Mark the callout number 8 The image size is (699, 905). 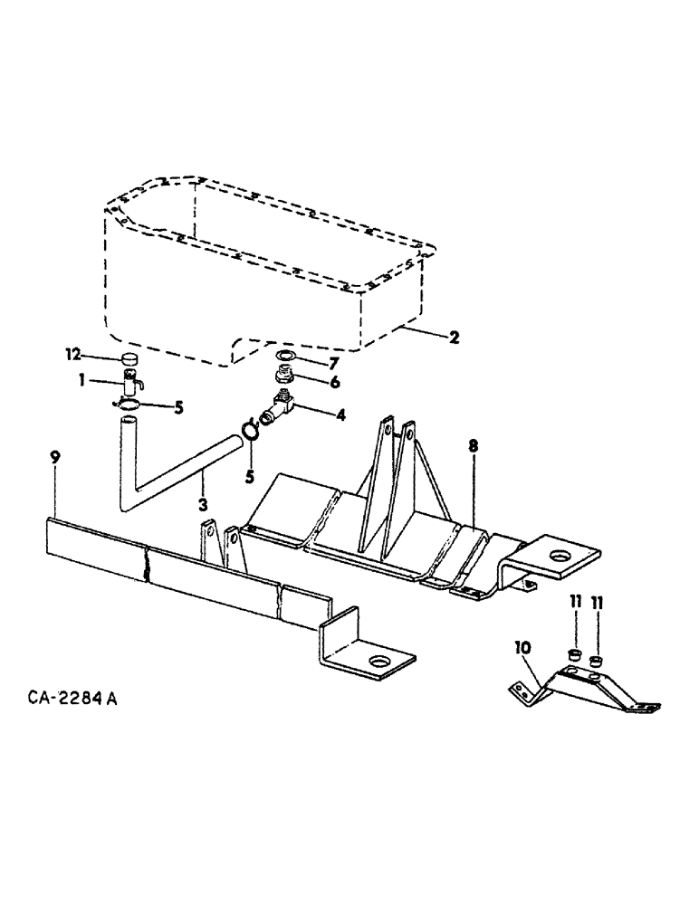pos(474,446)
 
